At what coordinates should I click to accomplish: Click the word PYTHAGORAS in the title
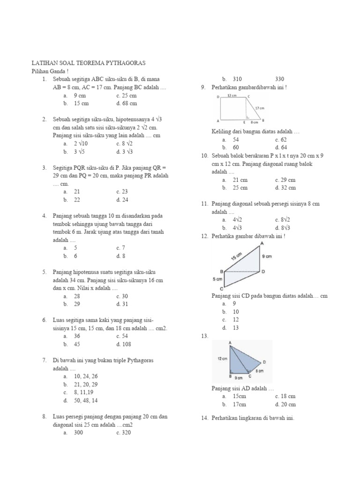tap(121, 62)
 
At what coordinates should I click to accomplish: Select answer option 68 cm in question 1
tap(127, 103)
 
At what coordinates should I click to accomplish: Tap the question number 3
tap(44, 168)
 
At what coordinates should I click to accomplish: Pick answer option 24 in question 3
tap(124, 200)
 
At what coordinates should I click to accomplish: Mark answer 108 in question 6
tap(127, 345)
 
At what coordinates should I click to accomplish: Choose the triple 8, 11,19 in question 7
tap(86, 392)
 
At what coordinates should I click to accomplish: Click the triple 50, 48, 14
tap(86, 400)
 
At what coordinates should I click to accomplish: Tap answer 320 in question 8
tap(126, 433)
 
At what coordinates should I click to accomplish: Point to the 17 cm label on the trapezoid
tap(260, 107)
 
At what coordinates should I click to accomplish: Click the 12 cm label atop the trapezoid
tap(232, 95)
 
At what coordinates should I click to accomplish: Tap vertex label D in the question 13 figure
tap(264, 362)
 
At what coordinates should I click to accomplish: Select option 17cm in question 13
tap(239, 404)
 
